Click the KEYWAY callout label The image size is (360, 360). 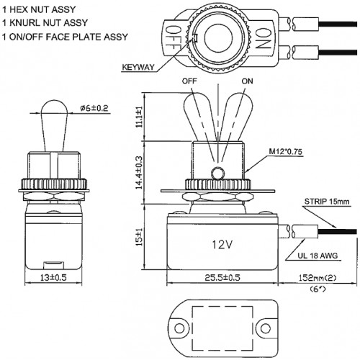(x=138, y=67)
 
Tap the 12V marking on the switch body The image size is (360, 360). (x=222, y=245)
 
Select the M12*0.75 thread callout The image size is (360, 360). (x=286, y=151)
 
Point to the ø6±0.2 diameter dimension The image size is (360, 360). (x=94, y=108)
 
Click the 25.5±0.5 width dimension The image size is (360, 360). (x=222, y=278)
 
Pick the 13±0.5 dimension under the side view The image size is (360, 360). (x=53, y=278)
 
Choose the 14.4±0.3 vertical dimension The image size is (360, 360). (x=139, y=172)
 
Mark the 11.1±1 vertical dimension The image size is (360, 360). (x=139, y=117)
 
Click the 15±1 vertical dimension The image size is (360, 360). (x=139, y=237)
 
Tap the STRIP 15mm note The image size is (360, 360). (x=327, y=202)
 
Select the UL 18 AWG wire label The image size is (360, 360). (x=318, y=256)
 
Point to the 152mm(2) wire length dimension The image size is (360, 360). (x=318, y=278)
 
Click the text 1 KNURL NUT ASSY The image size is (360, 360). (x=45, y=23)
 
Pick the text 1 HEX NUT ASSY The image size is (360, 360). (x=39, y=9)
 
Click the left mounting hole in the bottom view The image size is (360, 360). (x=179, y=328)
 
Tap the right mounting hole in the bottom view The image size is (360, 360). (x=265, y=328)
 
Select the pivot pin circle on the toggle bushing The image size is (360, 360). (x=217, y=174)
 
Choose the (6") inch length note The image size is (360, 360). (x=318, y=289)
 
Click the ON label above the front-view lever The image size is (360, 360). (x=247, y=81)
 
